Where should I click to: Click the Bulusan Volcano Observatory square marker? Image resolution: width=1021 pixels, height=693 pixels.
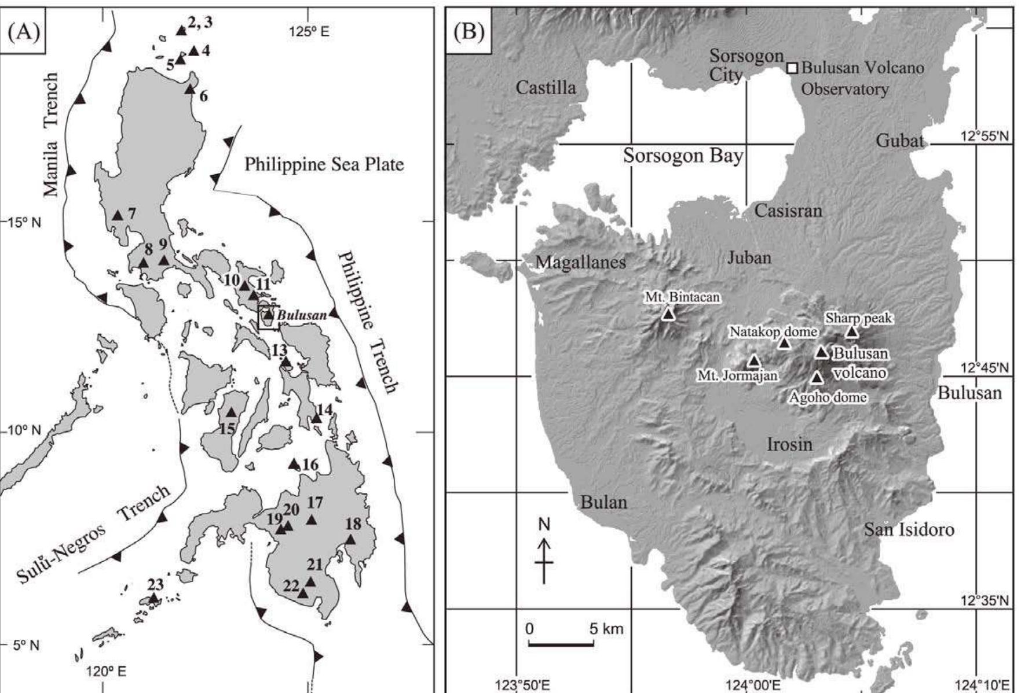(x=792, y=68)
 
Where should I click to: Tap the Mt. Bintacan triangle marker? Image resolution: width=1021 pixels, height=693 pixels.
(x=668, y=314)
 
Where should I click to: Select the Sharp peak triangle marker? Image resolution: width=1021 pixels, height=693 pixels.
(x=851, y=331)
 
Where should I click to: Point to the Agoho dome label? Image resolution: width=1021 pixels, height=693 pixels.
(x=828, y=397)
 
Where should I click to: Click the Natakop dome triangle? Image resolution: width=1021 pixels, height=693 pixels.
(x=784, y=344)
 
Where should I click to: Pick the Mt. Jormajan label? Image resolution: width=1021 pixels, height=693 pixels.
(x=737, y=375)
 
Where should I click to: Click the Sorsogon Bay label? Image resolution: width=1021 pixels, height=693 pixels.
(x=683, y=156)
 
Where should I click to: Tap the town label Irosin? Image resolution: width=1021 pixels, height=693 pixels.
(x=789, y=444)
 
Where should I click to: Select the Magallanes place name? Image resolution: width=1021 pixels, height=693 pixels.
(x=580, y=262)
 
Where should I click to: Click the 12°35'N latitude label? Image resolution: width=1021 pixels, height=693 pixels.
(x=984, y=600)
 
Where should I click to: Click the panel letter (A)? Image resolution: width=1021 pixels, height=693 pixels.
(x=23, y=31)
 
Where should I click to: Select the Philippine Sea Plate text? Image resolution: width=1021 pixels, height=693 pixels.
(x=324, y=164)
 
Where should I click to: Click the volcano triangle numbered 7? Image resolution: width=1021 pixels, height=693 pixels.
(x=118, y=215)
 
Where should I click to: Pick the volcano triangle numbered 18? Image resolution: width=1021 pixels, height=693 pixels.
(x=351, y=540)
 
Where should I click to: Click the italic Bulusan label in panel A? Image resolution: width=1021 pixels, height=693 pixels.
(x=301, y=315)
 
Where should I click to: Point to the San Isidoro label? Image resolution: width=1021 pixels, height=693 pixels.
(x=909, y=529)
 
